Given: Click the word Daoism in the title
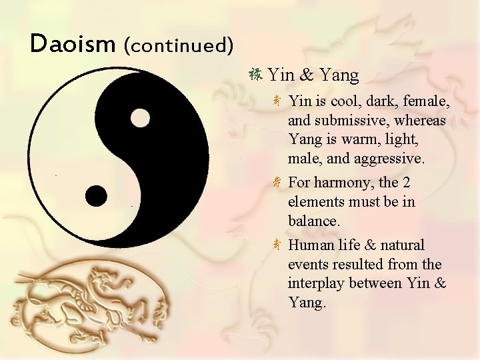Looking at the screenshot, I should click(73, 44).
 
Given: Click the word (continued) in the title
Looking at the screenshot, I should click(178, 45).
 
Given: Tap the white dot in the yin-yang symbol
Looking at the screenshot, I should click(139, 118).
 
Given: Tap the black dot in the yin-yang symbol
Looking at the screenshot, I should click(97, 195).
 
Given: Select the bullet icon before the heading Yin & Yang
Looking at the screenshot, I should click(255, 75).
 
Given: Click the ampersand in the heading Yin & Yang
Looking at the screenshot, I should click(309, 75).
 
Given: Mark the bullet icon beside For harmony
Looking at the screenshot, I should click(277, 182).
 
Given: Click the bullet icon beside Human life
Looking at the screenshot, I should click(277, 245).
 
